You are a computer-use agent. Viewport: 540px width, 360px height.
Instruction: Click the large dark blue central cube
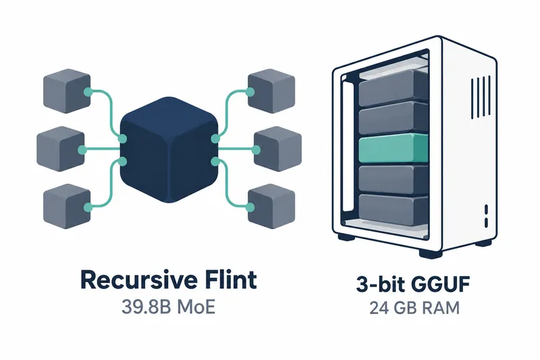coord(169,149)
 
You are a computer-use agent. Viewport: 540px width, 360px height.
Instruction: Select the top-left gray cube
coord(67,91)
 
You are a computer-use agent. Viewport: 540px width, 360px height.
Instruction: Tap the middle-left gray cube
coord(61,149)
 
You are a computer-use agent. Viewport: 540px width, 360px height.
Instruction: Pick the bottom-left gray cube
coord(67,207)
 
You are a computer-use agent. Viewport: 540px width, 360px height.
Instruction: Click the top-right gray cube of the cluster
coord(271,91)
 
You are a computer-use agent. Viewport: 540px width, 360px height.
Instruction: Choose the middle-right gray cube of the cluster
coord(277,149)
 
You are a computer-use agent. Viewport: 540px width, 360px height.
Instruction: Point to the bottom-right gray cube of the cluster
coord(271,207)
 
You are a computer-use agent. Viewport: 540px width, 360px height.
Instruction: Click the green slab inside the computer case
coord(394,149)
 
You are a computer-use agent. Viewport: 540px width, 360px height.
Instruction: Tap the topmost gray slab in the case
coord(394,88)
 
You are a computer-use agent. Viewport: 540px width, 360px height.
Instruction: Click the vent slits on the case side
coord(481,97)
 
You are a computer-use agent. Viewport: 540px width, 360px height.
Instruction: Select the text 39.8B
coord(146,307)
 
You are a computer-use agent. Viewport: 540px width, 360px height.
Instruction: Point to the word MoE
coord(196,307)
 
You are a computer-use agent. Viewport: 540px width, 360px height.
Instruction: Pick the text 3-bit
coord(381,284)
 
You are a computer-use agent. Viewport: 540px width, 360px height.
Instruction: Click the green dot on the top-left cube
coord(88,92)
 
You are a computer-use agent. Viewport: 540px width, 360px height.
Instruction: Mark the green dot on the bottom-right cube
coord(250,207)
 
